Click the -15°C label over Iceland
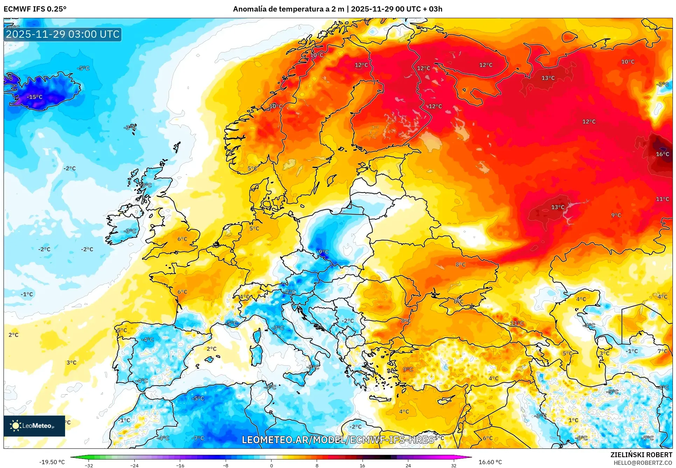click(x=35, y=97)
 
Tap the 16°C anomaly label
click(x=662, y=154)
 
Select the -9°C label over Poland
click(x=323, y=252)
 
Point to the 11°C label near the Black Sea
click(x=517, y=323)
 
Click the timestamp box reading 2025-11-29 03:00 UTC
click(x=63, y=34)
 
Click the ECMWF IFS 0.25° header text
click(x=35, y=9)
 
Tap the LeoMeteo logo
click(x=34, y=426)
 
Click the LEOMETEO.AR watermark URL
click(x=338, y=439)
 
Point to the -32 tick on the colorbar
click(x=89, y=465)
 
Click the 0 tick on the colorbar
click(x=272, y=465)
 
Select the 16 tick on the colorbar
click(x=362, y=465)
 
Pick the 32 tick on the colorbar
click(x=453, y=465)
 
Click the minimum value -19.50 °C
click(x=52, y=462)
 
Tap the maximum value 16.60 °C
click(x=490, y=462)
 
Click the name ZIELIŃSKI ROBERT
click(x=641, y=455)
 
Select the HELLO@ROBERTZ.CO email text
click(x=643, y=463)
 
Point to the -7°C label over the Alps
click(x=290, y=292)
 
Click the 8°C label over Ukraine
click(x=460, y=265)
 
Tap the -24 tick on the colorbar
click(x=134, y=465)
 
